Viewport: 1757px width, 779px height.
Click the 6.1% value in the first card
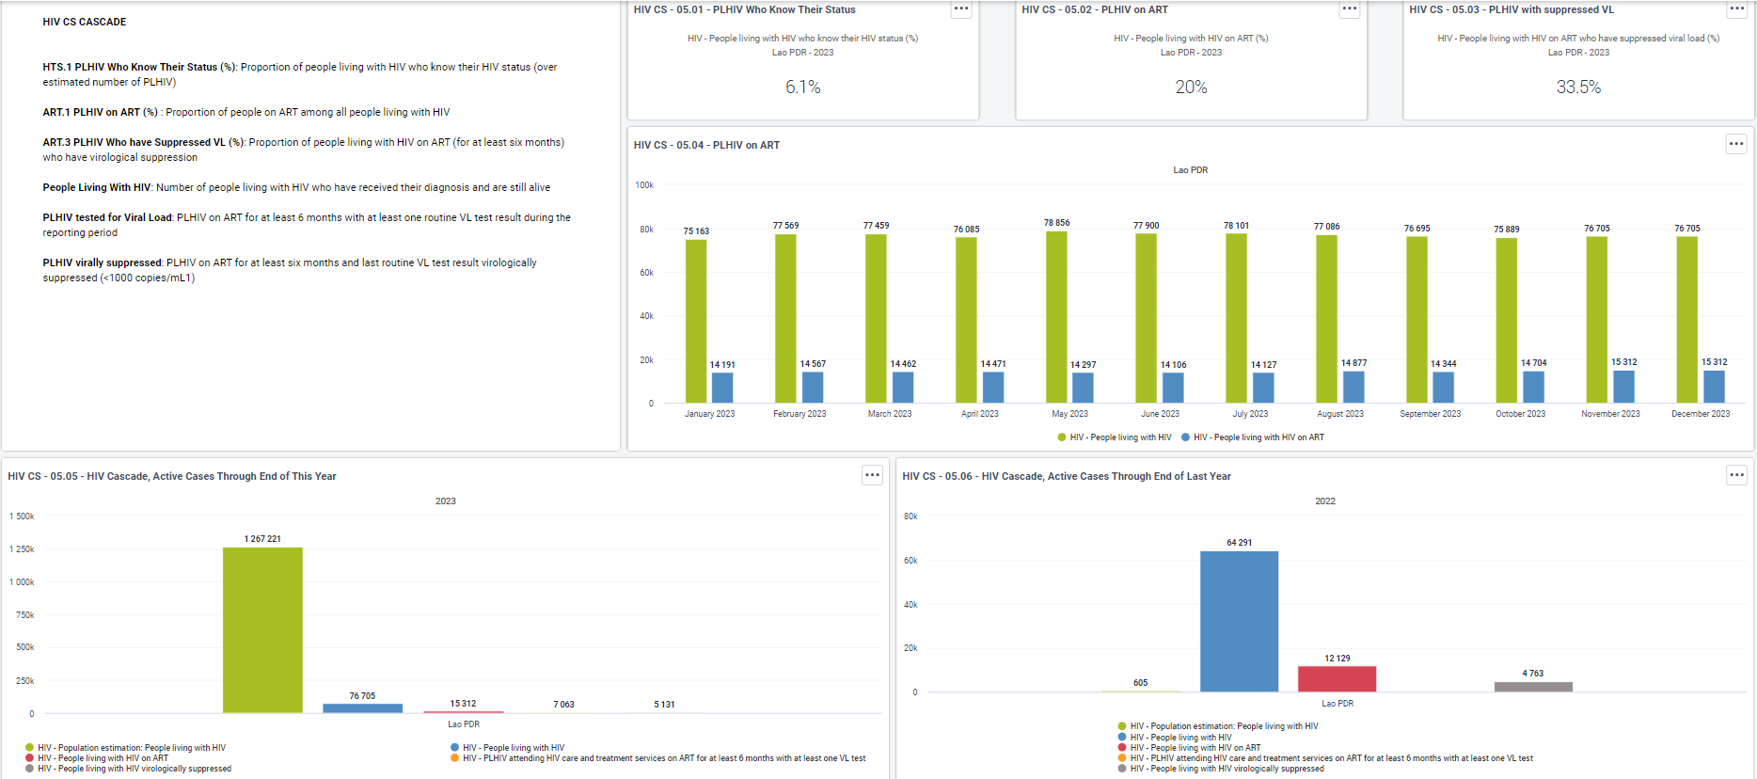point(803,87)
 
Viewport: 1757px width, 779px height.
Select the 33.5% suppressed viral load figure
point(1578,87)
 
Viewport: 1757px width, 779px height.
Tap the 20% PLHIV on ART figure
point(1191,87)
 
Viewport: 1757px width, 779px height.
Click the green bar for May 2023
point(1056,317)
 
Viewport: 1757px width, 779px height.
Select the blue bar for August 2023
point(1353,388)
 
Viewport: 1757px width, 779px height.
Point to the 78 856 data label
point(1056,223)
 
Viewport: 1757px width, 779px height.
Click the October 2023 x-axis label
point(1520,414)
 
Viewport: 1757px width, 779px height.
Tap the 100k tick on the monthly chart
point(644,185)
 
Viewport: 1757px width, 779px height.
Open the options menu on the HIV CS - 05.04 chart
point(1736,144)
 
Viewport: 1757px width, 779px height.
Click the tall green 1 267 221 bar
point(262,630)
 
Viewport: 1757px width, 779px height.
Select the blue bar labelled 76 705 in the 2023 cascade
point(362,708)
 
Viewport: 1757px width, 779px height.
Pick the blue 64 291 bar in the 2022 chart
point(1239,622)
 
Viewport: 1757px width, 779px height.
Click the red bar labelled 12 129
point(1337,679)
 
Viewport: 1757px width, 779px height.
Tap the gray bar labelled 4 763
point(1533,687)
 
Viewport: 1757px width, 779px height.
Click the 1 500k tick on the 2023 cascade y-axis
point(22,517)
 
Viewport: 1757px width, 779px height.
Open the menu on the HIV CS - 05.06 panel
point(1736,475)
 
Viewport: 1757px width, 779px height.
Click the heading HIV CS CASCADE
point(85,22)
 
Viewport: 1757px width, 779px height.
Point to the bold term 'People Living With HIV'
point(97,187)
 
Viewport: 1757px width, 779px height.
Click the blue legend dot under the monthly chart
point(1185,437)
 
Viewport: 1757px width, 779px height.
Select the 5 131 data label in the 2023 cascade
point(664,705)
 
